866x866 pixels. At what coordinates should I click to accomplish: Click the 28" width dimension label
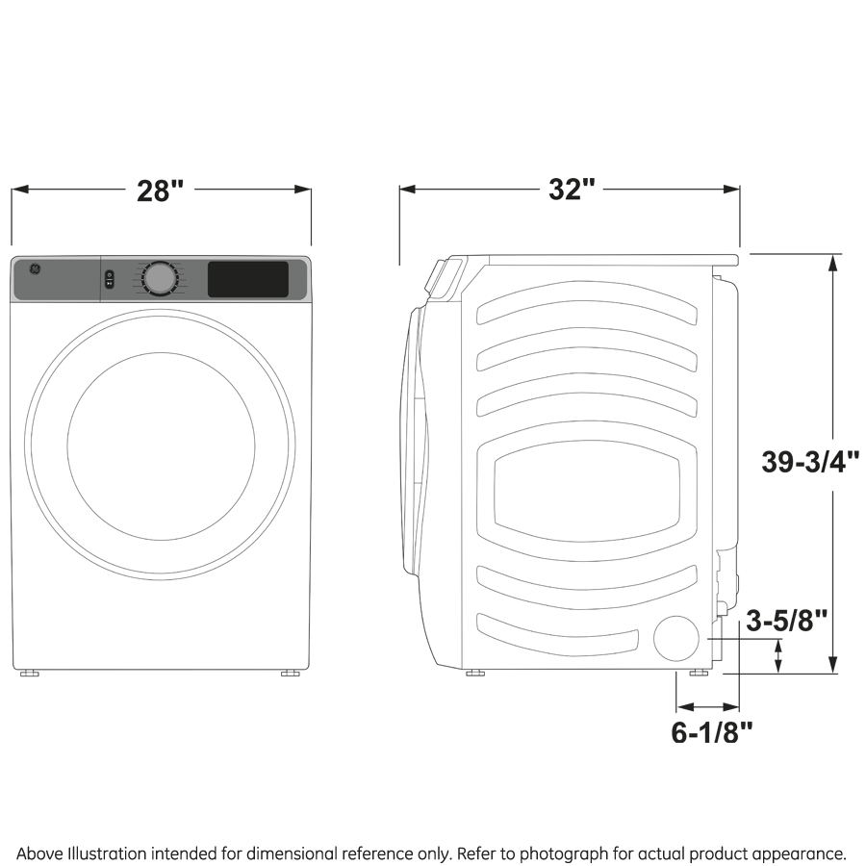pyautogui.click(x=160, y=190)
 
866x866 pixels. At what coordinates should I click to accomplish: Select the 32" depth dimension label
pyautogui.click(x=568, y=190)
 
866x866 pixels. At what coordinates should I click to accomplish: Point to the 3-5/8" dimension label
pyautogui.click(x=787, y=622)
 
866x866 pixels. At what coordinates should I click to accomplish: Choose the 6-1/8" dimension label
pyautogui.click(x=711, y=733)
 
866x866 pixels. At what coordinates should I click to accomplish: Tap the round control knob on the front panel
pyautogui.click(x=160, y=278)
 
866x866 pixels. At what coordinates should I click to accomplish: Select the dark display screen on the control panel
pyautogui.click(x=248, y=279)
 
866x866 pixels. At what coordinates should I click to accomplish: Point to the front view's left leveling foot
pyautogui.click(x=30, y=674)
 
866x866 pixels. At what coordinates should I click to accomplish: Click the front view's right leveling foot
pyautogui.click(x=290, y=674)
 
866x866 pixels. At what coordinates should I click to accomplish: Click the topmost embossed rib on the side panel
pyautogui.click(x=586, y=311)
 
